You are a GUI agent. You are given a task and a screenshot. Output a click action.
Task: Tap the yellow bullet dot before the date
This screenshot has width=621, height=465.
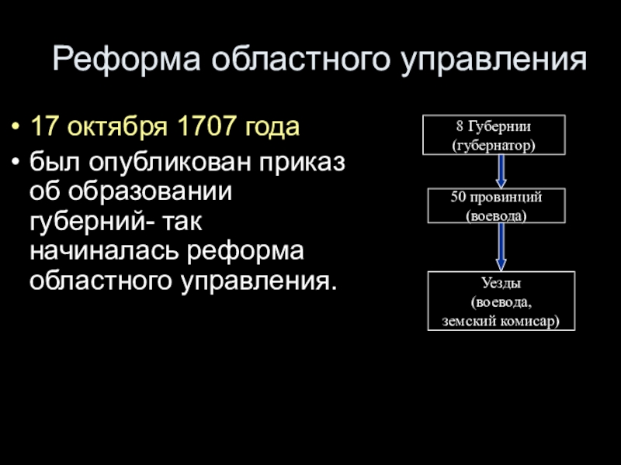coord(16,127)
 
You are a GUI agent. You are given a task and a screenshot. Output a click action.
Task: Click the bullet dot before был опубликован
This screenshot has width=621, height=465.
coord(16,164)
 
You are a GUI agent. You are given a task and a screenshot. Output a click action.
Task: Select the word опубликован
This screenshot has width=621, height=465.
coord(176,164)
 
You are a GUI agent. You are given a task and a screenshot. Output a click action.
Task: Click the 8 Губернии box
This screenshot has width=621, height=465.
coord(494,134)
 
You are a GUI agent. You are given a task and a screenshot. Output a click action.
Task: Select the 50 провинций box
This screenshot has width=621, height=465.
coord(496,206)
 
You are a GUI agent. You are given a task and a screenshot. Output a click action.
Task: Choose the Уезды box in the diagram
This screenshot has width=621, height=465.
coord(501,301)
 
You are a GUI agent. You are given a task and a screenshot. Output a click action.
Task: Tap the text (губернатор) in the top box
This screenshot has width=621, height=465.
coord(494,144)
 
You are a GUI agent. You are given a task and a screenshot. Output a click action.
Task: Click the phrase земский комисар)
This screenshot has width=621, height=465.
coord(501,319)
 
